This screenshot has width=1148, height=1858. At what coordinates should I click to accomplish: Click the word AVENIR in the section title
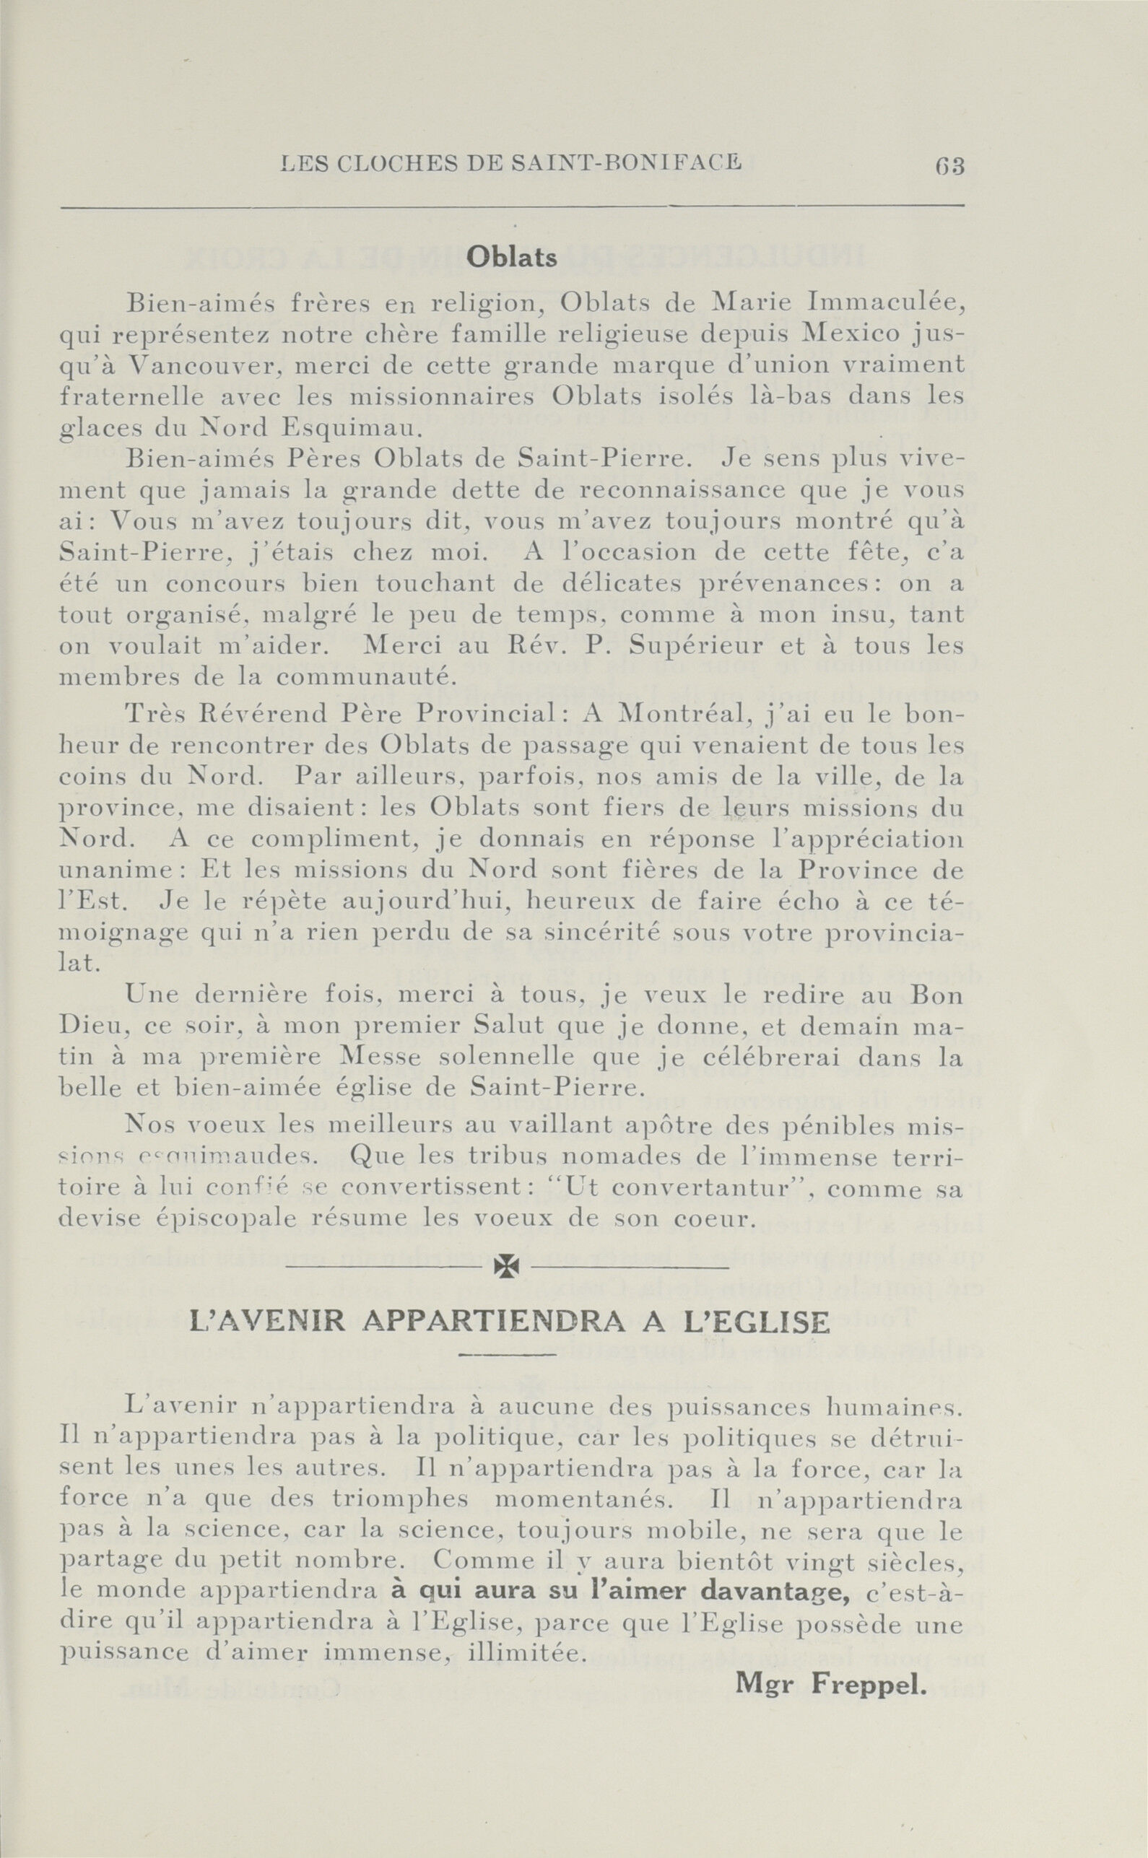(290, 1323)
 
